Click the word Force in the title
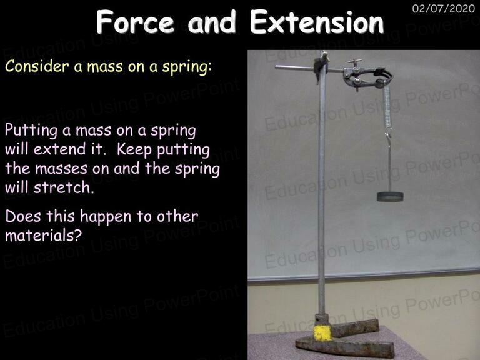(x=135, y=22)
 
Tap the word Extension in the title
(x=317, y=22)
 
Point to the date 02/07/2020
(x=443, y=8)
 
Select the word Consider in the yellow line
(x=37, y=66)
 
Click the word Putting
(x=31, y=131)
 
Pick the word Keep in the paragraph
(x=134, y=149)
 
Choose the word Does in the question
(x=23, y=216)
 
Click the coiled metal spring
(x=387, y=106)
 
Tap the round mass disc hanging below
(x=390, y=196)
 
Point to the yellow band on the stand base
(x=322, y=332)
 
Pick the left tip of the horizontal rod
(x=276, y=67)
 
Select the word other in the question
(x=177, y=216)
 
